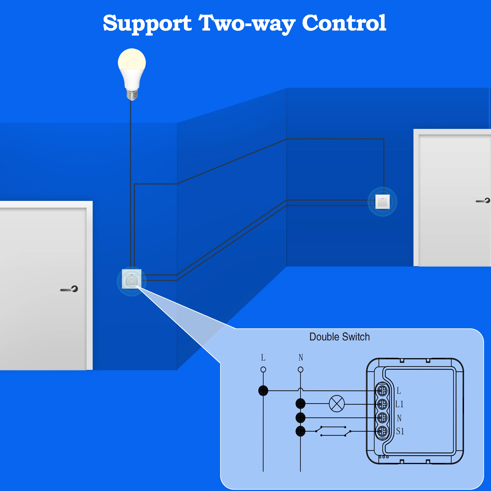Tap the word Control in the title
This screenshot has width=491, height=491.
pos(344,23)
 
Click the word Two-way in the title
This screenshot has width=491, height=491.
pos(247,24)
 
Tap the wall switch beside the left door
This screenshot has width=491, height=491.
pos(132,279)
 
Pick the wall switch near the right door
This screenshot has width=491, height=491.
pos(383,202)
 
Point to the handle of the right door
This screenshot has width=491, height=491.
pos(483,200)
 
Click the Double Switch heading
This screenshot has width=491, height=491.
pos(340,337)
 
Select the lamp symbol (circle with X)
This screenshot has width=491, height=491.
pos(337,404)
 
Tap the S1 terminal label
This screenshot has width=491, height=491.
pos(400,431)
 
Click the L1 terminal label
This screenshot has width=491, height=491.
pos(399,404)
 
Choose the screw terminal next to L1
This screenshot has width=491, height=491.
pos(382,404)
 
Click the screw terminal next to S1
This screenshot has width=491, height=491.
pos(382,431)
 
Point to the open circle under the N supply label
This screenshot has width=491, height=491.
pos(300,369)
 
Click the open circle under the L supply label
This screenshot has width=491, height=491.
pos(263,369)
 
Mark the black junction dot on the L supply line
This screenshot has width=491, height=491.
pos(263,391)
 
